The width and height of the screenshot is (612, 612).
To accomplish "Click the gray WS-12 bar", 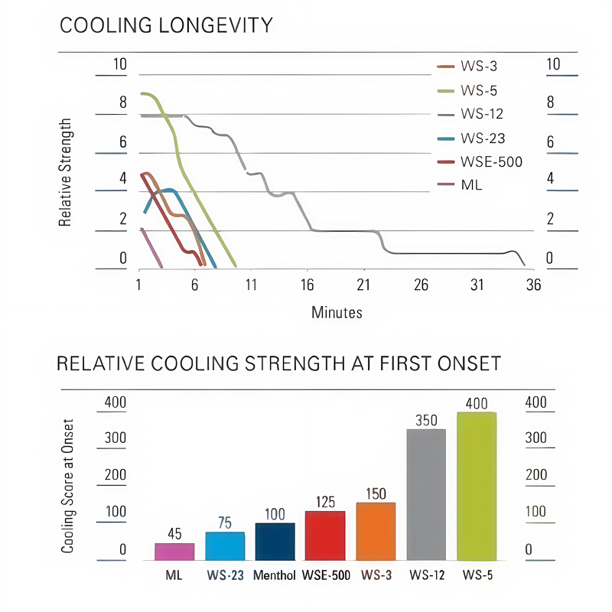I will click(x=426, y=495).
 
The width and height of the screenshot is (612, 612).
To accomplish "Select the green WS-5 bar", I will click(x=477, y=487).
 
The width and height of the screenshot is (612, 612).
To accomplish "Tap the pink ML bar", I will click(x=174, y=552).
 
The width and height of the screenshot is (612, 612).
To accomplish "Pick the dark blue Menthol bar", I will click(x=275, y=542).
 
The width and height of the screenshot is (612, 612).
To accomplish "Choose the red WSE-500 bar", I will click(x=325, y=535).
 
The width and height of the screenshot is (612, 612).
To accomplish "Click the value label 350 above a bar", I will click(x=426, y=420).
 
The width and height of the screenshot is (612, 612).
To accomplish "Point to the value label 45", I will click(x=174, y=534).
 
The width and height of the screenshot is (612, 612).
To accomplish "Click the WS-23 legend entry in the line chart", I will click(x=482, y=138).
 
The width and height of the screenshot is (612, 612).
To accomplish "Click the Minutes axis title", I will click(x=337, y=312).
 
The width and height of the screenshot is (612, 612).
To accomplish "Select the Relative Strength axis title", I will click(x=66, y=173).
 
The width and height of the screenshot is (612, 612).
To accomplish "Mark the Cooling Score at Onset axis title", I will click(x=68, y=487).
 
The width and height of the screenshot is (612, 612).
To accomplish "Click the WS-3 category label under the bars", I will click(x=376, y=575).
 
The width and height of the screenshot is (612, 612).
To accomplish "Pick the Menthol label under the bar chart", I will click(x=275, y=575).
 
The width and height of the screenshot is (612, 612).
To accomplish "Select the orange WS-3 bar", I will click(x=376, y=532).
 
